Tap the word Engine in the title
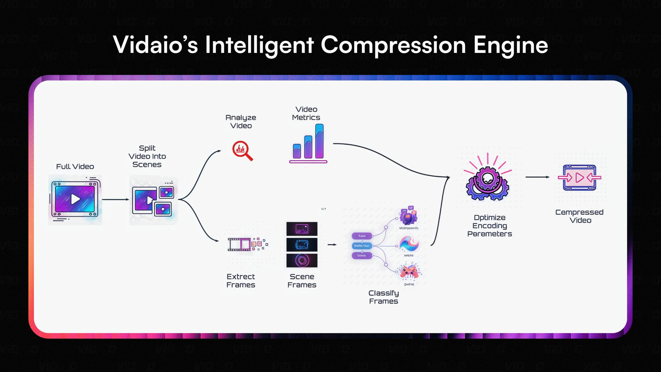click(511, 45)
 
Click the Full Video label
click(75, 166)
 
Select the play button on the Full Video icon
click(75, 199)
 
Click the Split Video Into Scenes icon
click(153, 200)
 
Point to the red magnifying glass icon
click(242, 151)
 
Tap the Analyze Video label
click(241, 121)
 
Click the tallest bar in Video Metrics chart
click(319, 141)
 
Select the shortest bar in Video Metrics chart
click(297, 151)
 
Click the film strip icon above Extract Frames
click(239, 244)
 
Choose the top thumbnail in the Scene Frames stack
click(302, 229)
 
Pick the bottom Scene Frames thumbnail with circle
click(302, 261)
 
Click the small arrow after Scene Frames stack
click(332, 245)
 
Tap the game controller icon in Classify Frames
click(409, 271)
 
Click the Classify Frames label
click(383, 297)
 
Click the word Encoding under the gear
click(489, 226)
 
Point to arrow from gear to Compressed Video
click(537, 177)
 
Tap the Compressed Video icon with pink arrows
click(579, 178)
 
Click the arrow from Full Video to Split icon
click(115, 199)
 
